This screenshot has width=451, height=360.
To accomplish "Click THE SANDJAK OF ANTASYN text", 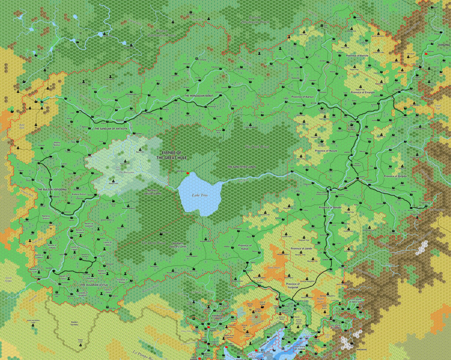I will (x=111, y=129).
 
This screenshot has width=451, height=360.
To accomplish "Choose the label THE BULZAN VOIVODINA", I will (x=52, y=189).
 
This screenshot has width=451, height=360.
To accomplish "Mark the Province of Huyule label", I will (x=326, y=150).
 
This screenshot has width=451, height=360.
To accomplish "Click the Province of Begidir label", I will (x=395, y=176).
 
